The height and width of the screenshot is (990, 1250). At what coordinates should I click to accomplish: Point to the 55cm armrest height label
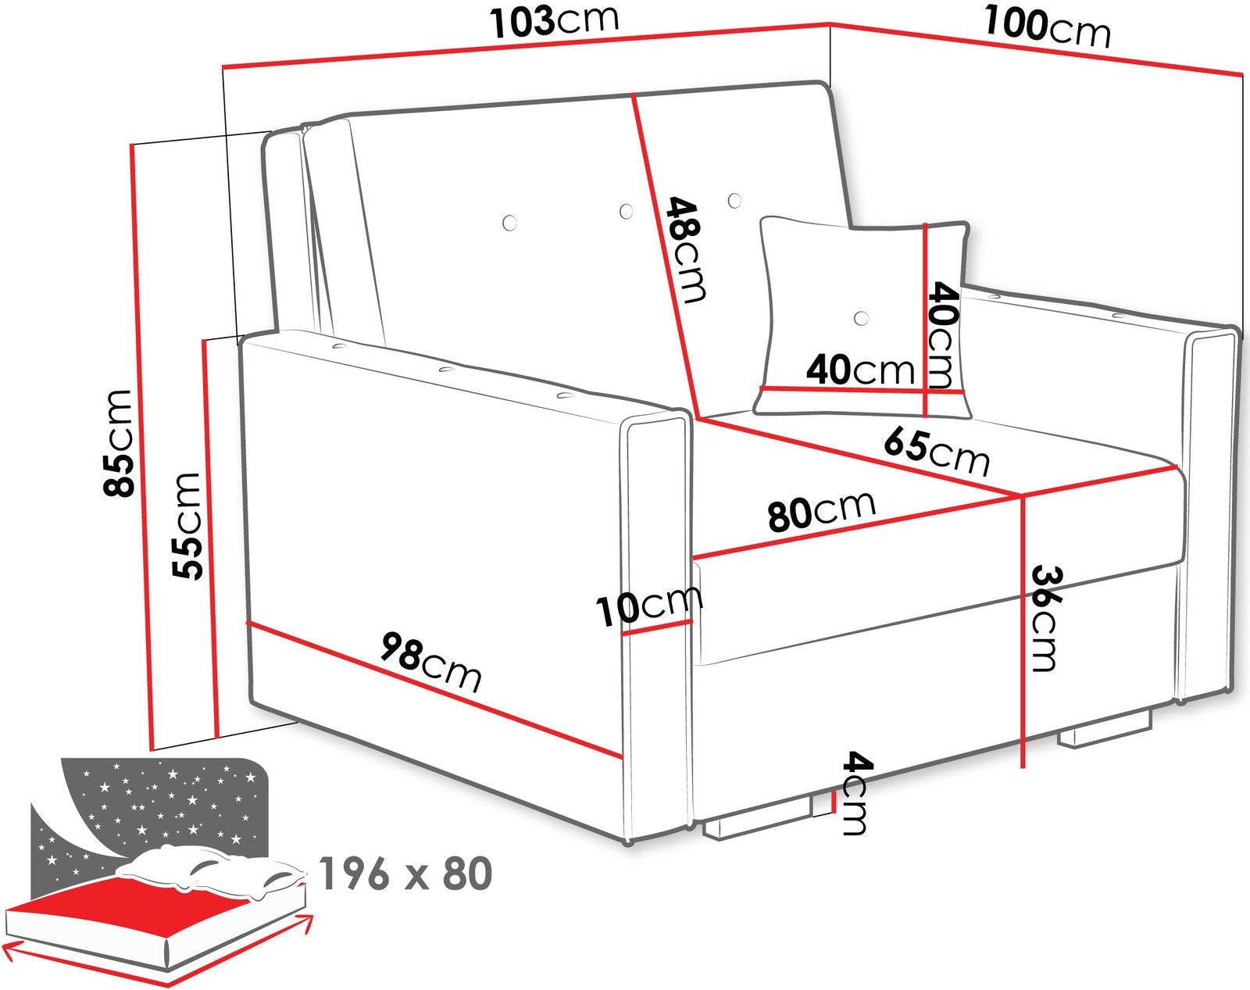point(186,526)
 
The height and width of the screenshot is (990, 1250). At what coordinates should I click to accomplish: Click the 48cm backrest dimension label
point(687,250)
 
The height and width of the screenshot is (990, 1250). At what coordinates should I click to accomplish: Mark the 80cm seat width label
point(821,511)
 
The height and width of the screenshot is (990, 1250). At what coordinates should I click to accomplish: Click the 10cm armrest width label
point(649,606)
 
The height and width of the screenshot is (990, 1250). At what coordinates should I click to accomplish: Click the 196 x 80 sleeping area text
point(406,874)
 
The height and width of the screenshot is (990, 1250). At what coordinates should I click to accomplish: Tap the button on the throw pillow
point(862,317)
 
